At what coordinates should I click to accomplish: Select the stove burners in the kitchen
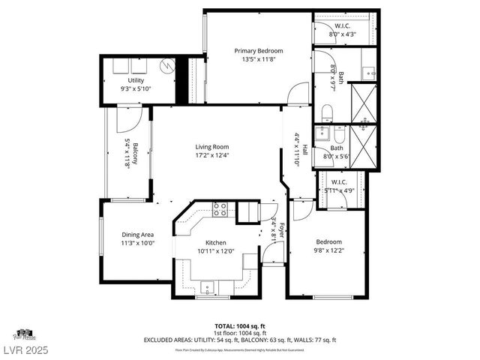[220, 210]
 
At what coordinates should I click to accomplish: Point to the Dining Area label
[137, 235]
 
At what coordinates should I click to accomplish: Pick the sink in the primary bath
[367, 73]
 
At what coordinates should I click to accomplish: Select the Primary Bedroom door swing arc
[297, 94]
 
